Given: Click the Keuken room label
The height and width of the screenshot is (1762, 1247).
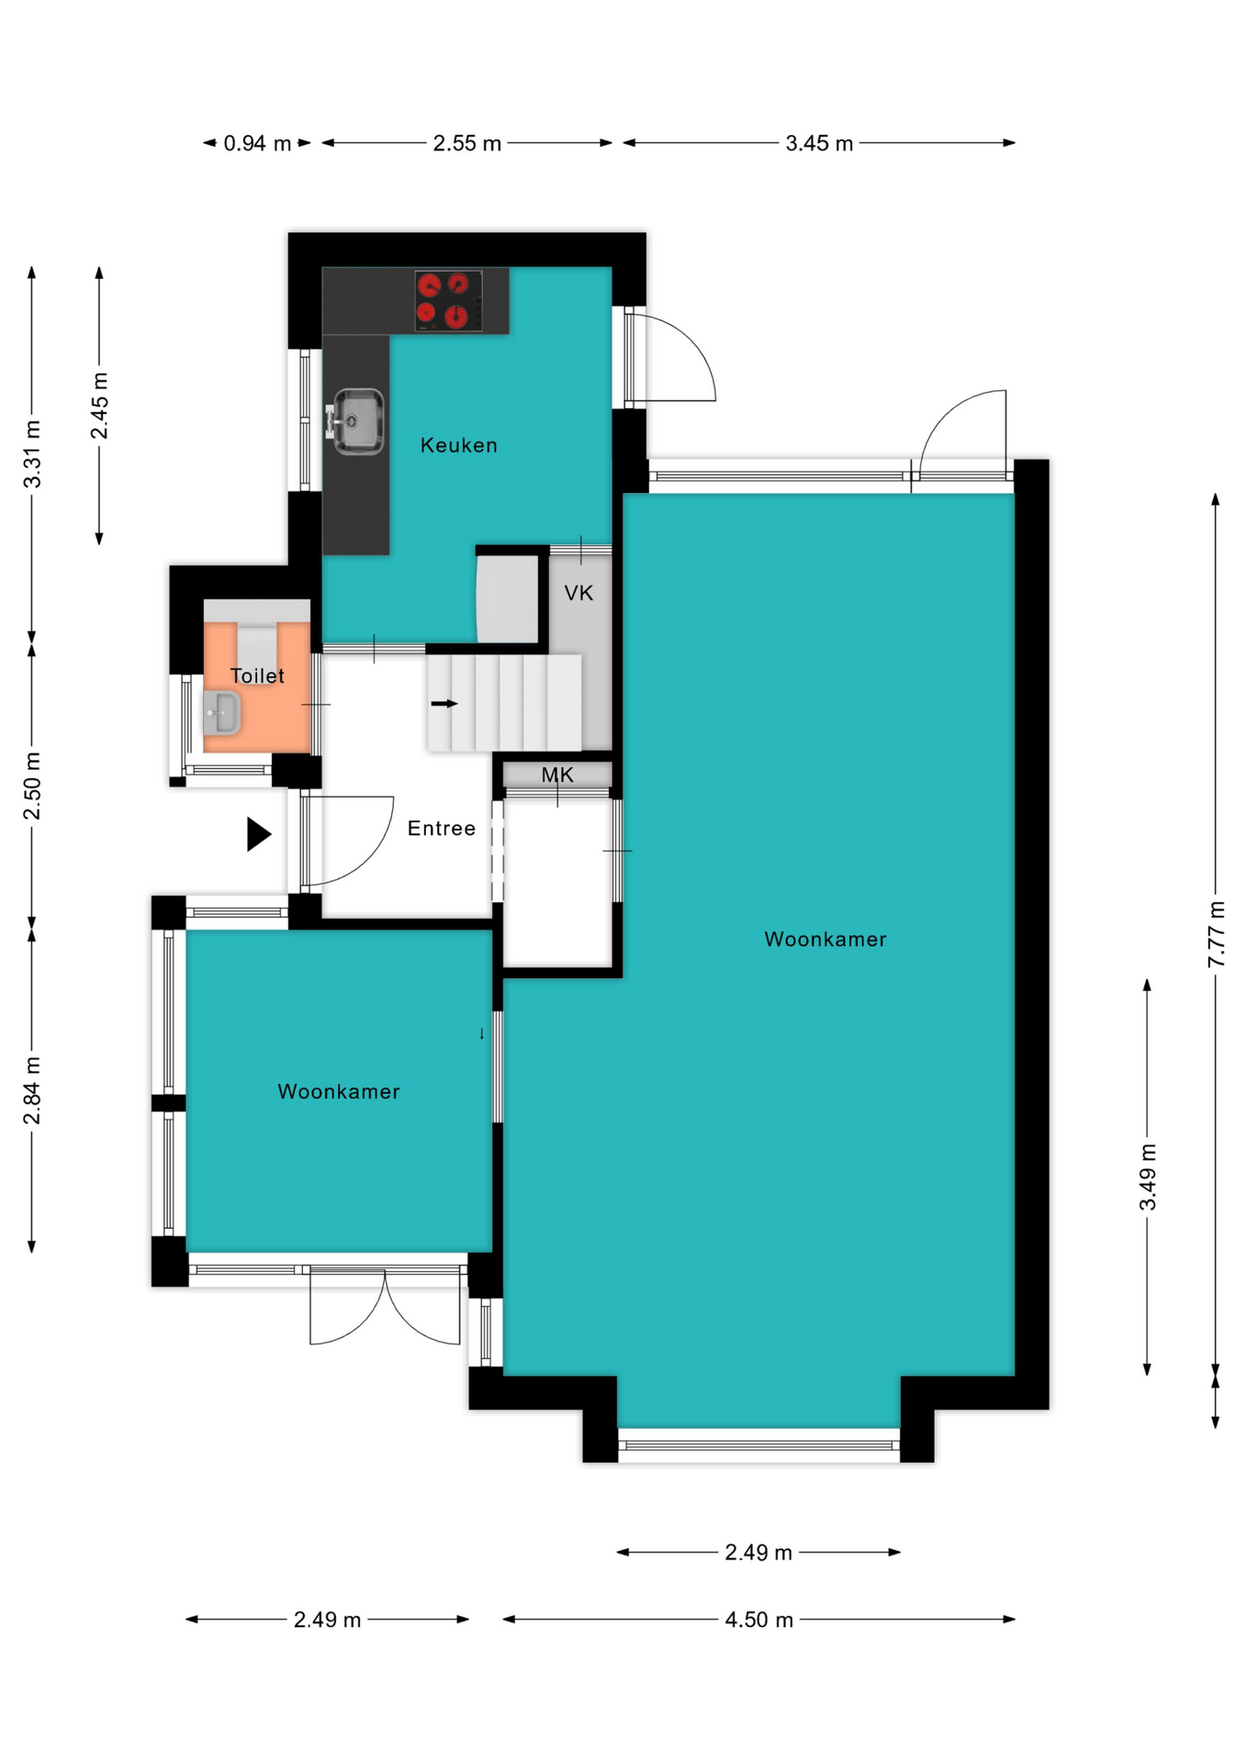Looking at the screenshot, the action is (458, 445).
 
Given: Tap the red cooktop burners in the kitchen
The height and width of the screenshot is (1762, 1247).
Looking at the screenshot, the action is (449, 300).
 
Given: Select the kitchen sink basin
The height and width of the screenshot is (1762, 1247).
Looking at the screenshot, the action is (357, 421).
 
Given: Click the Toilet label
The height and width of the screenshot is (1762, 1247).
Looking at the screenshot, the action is (257, 675).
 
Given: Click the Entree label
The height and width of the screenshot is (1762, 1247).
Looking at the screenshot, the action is (442, 829).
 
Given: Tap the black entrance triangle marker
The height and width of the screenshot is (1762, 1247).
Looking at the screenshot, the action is (259, 834).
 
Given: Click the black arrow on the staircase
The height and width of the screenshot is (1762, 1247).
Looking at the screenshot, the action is (444, 704).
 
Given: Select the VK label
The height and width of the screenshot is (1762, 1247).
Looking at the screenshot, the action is (579, 593).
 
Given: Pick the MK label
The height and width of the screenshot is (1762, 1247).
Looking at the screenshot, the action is (557, 775).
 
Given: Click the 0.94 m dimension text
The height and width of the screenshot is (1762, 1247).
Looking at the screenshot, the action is (257, 143).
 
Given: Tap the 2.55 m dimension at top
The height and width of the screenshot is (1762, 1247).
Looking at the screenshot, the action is (467, 143).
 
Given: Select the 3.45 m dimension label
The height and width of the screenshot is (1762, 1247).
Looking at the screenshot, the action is (819, 143).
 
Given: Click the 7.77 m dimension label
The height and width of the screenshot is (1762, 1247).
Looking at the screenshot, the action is (1216, 934).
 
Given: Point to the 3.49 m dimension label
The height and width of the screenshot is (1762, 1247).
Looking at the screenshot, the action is (1148, 1177).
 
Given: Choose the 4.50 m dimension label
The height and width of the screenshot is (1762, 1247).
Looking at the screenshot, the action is (758, 1620).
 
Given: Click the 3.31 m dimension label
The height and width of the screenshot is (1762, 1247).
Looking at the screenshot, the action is (32, 454).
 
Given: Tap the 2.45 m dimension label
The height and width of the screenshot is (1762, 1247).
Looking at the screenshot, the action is (99, 406).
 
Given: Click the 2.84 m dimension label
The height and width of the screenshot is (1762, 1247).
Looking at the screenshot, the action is (32, 1090).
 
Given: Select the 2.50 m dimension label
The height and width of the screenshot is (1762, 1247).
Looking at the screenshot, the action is (32, 786).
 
